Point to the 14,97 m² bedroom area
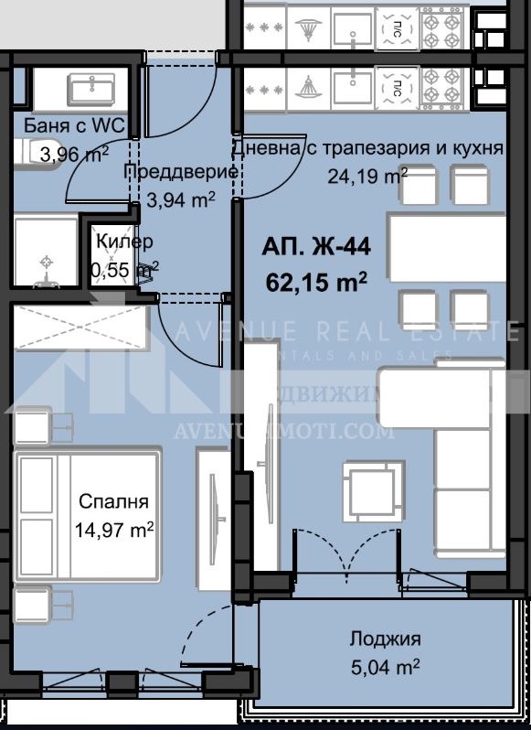click(115, 529)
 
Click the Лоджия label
click(385, 639)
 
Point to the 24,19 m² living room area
click(367, 176)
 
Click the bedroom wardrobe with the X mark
click(80, 327)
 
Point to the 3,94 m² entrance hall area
click(180, 198)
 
